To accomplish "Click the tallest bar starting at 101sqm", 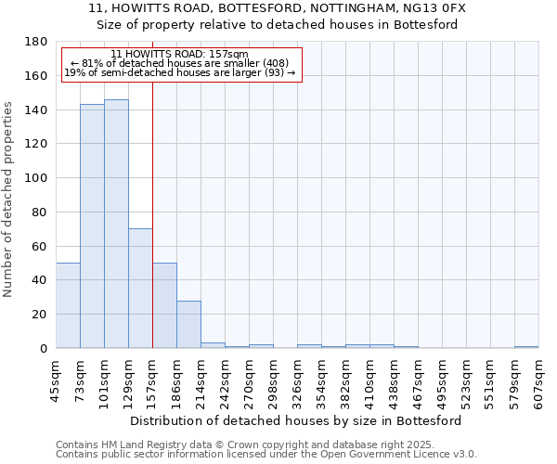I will pos(116,224).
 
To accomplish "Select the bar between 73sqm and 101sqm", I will pos(92,226).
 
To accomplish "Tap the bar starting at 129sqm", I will pos(140,288).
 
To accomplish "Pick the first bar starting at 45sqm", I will pos(68,305).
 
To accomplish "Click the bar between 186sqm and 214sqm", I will pos(188,324).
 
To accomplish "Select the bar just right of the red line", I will pos(164,305).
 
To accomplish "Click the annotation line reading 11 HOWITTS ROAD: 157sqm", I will pos(179,55).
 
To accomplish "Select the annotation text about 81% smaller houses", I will pos(180,63).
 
